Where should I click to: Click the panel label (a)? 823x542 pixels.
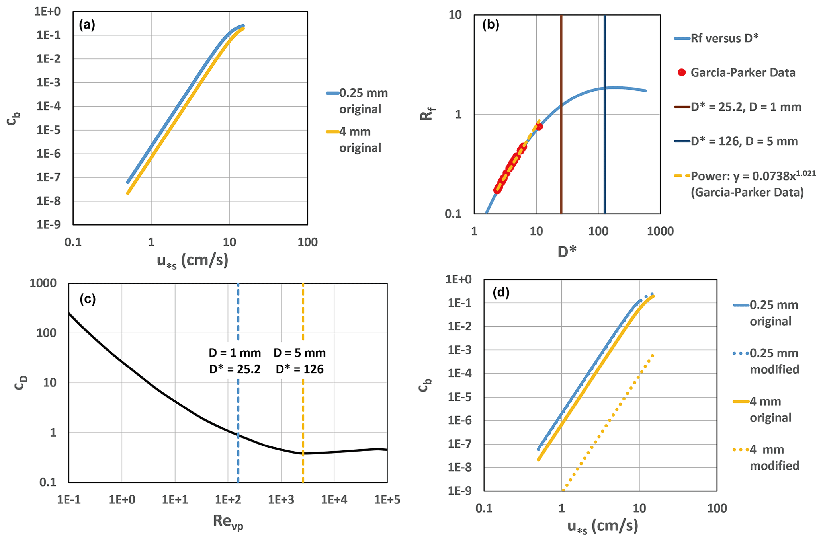tap(87, 25)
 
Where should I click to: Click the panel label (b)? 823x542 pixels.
tap(491, 25)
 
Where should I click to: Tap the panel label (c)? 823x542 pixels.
tap(88, 299)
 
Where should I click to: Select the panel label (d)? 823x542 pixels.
tap(501, 292)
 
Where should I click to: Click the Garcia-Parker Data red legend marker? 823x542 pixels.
tap(682, 72)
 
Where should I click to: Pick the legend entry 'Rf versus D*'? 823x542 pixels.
tap(724, 38)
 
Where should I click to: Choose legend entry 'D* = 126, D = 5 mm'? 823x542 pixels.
tap(744, 141)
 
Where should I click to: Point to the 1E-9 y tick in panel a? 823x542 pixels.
tap(49, 225)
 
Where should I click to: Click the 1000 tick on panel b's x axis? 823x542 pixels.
tap(661, 231)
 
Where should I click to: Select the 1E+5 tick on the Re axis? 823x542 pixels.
tap(387, 500)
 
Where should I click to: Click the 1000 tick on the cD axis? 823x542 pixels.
tap(43, 283)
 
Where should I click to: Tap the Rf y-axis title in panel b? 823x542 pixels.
tap(427, 114)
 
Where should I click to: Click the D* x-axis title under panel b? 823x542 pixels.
tap(567, 252)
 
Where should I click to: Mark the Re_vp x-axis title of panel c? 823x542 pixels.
tap(228, 522)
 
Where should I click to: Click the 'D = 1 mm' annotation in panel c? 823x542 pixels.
tap(235, 353)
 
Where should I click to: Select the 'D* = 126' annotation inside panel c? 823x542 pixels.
tap(299, 369)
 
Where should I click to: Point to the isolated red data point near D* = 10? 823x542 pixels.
tap(539, 127)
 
